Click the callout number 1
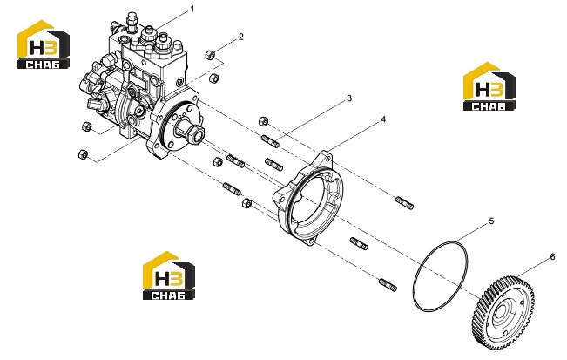pyautogui.click(x=192, y=9)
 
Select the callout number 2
pyautogui.click(x=241, y=37)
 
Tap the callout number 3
pyautogui.click(x=349, y=98)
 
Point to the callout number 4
pyautogui.click(x=383, y=119)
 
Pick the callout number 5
pyautogui.click(x=491, y=221)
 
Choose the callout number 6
pyautogui.click(x=552, y=256)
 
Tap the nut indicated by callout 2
pyautogui.click(x=210, y=55)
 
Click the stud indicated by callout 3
pyautogui.click(x=270, y=140)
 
